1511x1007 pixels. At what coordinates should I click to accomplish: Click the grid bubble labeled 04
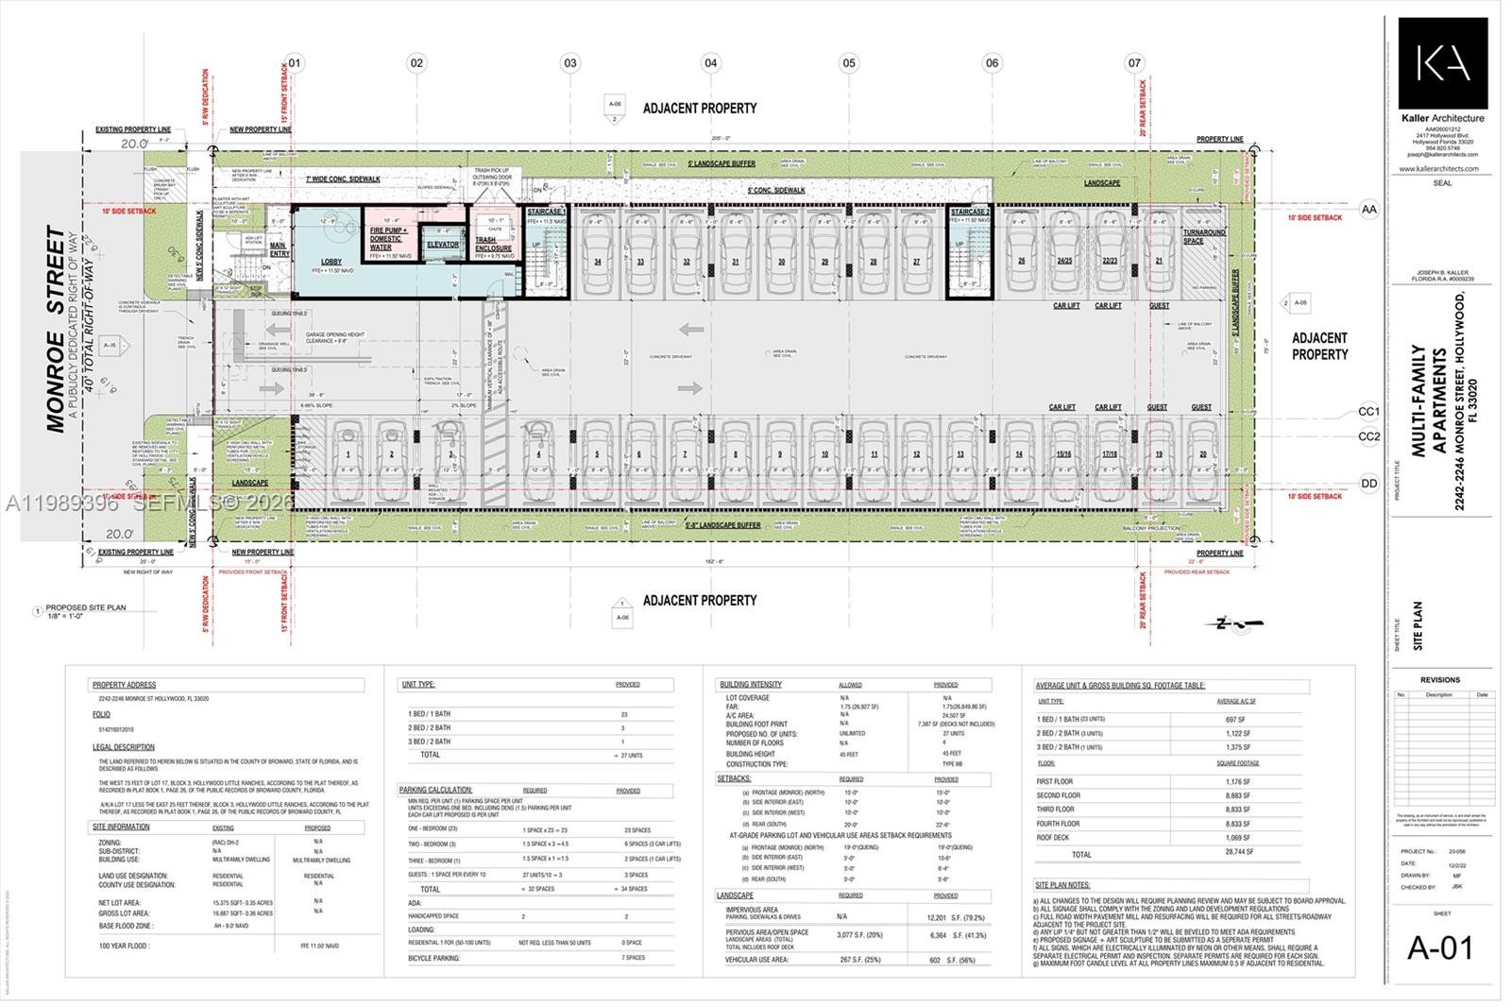(x=710, y=63)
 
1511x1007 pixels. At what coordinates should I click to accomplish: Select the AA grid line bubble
(x=1368, y=209)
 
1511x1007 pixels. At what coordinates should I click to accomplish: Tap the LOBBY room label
(x=331, y=262)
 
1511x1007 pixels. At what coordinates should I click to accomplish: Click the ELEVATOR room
(x=442, y=245)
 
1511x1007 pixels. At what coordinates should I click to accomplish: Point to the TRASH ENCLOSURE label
(x=493, y=244)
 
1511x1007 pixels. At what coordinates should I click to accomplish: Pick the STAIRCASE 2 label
(x=970, y=213)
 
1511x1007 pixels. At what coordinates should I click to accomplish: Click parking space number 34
(x=598, y=262)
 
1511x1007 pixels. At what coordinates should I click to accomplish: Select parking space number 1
(x=348, y=454)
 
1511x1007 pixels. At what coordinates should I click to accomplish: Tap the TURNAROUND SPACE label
(x=1204, y=236)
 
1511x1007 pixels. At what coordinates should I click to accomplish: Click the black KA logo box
(x=1443, y=62)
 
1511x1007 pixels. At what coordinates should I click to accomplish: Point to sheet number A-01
(x=1440, y=947)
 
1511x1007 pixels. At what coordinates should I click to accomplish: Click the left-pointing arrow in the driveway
(x=690, y=330)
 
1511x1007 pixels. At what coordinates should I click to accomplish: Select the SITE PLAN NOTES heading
(x=1062, y=885)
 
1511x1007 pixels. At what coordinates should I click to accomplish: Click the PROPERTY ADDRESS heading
(x=124, y=685)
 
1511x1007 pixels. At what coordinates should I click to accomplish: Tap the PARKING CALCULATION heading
(x=435, y=790)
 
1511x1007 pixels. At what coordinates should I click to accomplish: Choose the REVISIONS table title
(x=1440, y=679)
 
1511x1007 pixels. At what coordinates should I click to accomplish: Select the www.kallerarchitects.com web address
(x=1439, y=169)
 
